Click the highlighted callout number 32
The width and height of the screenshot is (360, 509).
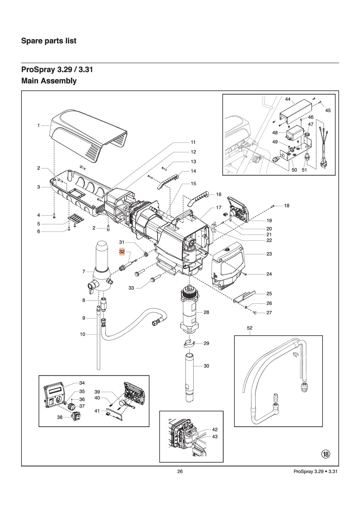[x=122, y=252]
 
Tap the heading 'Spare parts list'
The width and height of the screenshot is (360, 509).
[x=49, y=41]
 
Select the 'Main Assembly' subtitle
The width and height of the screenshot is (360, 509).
[x=49, y=81]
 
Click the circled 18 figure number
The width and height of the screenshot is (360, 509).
[x=326, y=454]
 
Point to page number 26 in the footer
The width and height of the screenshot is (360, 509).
[x=180, y=471]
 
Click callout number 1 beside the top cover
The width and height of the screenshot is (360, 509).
[x=39, y=125]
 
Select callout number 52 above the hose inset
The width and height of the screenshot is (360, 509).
[x=250, y=328]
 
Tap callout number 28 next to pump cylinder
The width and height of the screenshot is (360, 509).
[x=206, y=312]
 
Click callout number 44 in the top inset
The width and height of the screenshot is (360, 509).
[x=288, y=99]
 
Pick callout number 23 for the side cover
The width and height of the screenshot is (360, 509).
[x=269, y=254]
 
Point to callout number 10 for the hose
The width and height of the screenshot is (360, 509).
[x=83, y=334]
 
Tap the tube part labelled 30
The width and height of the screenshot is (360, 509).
[x=189, y=377]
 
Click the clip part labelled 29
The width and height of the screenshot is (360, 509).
[x=187, y=344]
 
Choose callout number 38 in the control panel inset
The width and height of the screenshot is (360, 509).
[x=60, y=417]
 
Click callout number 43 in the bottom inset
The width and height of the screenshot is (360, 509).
[x=215, y=436]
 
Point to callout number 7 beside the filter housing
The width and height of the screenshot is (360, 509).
[x=83, y=271]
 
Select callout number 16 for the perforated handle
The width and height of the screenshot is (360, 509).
[x=218, y=194]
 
